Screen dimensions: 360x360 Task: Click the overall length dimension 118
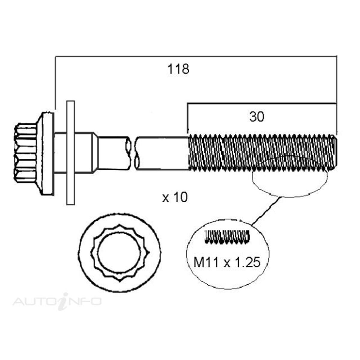click(178, 69)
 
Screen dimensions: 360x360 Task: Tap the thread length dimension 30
click(256, 117)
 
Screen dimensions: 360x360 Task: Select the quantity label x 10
click(175, 197)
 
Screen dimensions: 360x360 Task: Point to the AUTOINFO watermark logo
click(57, 301)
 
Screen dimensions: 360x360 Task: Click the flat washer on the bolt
click(70, 153)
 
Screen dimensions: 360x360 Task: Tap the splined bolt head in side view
click(25, 153)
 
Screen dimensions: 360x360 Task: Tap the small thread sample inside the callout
click(227, 236)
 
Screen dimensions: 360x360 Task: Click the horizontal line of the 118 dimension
click(195, 56)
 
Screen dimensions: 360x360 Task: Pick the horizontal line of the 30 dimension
click(261, 104)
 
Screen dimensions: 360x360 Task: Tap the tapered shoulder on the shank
click(95, 153)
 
